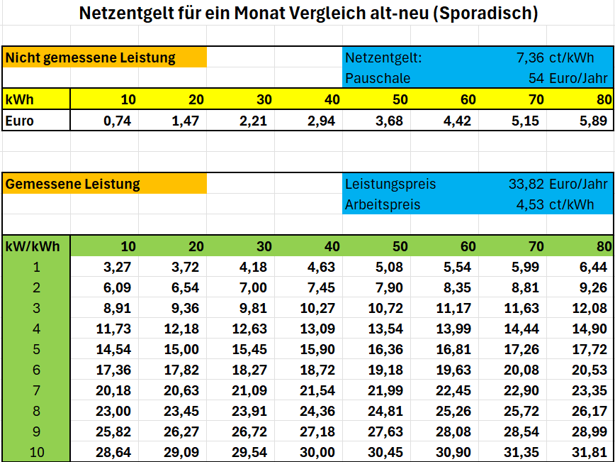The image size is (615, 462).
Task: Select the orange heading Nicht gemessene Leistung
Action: [90, 58]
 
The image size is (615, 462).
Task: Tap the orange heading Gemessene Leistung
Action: [72, 184]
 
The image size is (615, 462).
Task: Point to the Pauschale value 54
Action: [536, 79]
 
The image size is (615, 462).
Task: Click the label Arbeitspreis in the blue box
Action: [383, 204]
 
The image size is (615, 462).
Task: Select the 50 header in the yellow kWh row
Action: [400, 100]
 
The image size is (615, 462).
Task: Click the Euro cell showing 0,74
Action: [118, 121]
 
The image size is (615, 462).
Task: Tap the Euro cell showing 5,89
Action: [594, 121]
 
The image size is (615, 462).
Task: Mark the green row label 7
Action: [36, 391]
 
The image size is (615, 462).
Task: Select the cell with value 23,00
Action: [114, 412]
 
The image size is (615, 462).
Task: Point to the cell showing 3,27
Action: [118, 268]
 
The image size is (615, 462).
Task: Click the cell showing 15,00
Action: [181, 350]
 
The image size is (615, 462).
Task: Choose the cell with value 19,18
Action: [386, 370]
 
